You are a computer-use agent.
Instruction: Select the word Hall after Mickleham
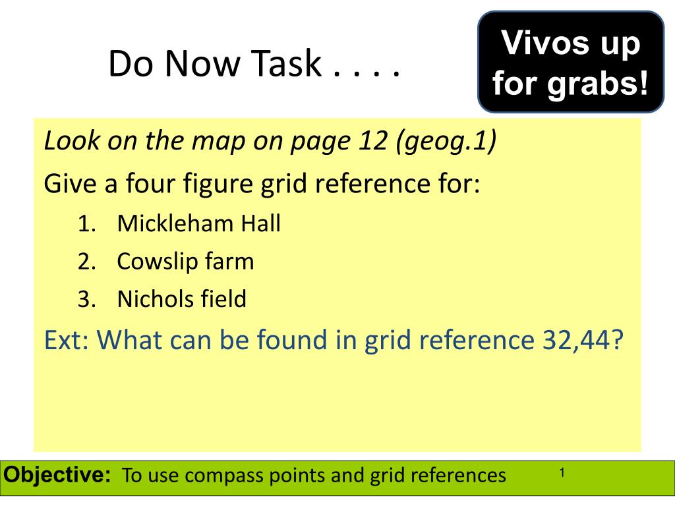(260, 224)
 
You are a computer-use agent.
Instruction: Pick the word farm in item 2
(228, 262)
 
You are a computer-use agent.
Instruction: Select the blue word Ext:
(69, 340)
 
